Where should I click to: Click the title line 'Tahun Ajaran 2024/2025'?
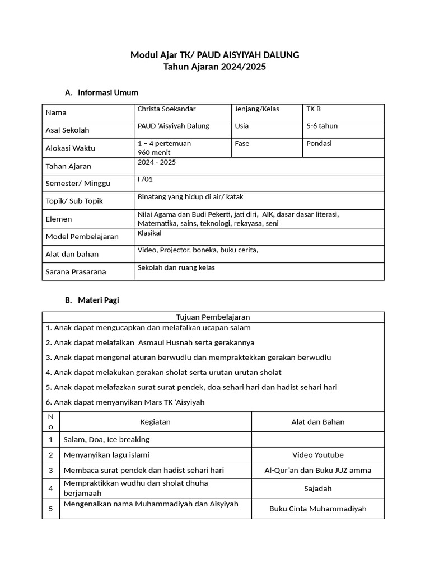pyautogui.click(x=214, y=67)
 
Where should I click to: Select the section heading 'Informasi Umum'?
pyautogui.click(x=108, y=92)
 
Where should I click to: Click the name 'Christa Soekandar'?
pyautogui.click(x=167, y=109)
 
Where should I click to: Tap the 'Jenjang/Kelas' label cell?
pyautogui.click(x=257, y=109)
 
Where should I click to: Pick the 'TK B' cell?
pyautogui.click(x=314, y=109)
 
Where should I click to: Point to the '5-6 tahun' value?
pyautogui.click(x=322, y=126)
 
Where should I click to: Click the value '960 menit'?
pyautogui.click(x=154, y=152)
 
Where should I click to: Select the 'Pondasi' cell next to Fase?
pyautogui.click(x=319, y=143)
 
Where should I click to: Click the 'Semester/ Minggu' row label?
pyautogui.click(x=78, y=184)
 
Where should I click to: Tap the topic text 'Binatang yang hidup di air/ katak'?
pyautogui.click(x=190, y=197)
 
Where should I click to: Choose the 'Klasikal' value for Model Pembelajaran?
pyautogui.click(x=149, y=233)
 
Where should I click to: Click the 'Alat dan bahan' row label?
pyautogui.click(x=72, y=254)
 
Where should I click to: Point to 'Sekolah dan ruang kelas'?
pyautogui.click(x=176, y=267)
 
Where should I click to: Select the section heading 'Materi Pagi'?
pyautogui.click(x=99, y=300)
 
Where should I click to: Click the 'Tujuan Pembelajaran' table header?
pyautogui.click(x=213, y=317)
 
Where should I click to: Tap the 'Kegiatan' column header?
pyautogui.click(x=155, y=422)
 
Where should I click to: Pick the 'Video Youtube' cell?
pyautogui.click(x=317, y=455)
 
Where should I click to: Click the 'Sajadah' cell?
pyautogui.click(x=317, y=489)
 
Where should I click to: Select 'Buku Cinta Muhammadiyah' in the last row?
pyautogui.click(x=317, y=509)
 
